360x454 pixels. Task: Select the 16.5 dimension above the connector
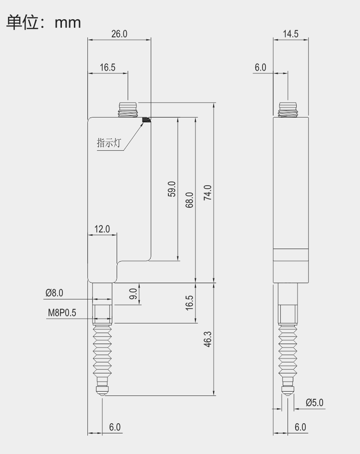(x=108, y=67)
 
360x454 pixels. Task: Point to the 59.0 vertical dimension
(x=172, y=190)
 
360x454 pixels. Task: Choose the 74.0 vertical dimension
(x=207, y=192)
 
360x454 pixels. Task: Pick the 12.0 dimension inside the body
(x=102, y=229)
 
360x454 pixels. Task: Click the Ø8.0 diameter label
(x=54, y=292)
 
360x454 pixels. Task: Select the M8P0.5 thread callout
(x=62, y=313)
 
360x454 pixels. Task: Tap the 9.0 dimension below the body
(x=134, y=293)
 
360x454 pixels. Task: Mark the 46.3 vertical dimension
(x=207, y=339)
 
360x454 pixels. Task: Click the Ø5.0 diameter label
(x=314, y=402)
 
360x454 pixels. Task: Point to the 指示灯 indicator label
(x=109, y=143)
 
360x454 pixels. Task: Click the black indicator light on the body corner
(x=147, y=119)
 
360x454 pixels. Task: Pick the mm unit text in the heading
(x=68, y=22)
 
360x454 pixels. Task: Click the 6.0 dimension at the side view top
(x=260, y=67)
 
